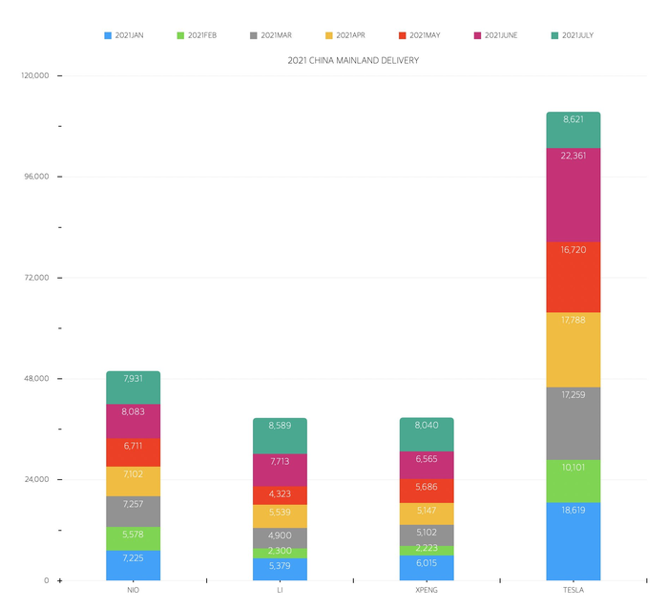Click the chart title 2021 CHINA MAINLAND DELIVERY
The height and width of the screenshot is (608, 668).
click(353, 60)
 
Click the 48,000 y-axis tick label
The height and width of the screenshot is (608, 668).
click(37, 379)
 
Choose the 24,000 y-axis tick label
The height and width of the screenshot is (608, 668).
click(37, 479)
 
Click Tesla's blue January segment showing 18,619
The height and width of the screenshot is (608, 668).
click(574, 541)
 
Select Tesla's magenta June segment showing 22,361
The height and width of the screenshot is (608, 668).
click(574, 196)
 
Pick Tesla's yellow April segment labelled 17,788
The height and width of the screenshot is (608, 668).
click(574, 349)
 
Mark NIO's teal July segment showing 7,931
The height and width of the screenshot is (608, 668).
click(133, 388)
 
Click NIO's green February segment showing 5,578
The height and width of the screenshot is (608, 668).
click(133, 538)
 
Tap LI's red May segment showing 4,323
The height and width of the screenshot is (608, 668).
click(280, 495)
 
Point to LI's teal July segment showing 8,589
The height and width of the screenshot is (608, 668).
click(280, 435)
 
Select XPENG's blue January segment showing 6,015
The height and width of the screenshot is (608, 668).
click(427, 568)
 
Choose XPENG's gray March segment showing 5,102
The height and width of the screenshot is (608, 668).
click(427, 535)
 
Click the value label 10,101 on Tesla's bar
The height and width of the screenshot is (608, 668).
click(574, 468)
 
